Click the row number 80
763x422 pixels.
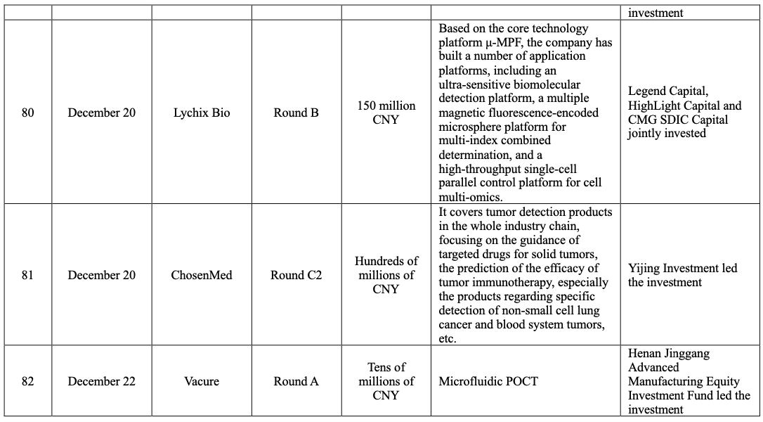coord(27,113)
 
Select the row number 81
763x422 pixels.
coord(27,275)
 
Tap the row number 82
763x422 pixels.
coord(27,381)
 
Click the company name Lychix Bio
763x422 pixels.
coord(202,113)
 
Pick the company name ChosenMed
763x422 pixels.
coord(202,275)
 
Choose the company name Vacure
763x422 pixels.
coord(202,381)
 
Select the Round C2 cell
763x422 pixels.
coord(296,275)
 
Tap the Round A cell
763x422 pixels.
coord(296,381)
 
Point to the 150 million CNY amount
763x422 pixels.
coord(386,113)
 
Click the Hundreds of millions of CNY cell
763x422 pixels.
coord(386,275)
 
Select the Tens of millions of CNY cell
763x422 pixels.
coord(386,381)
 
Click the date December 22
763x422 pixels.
coord(102,381)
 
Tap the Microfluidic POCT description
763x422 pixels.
coord(488,381)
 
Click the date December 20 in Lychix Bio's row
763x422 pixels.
coord(102,113)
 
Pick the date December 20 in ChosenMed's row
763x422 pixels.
coord(102,275)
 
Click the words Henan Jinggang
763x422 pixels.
coord(669,353)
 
